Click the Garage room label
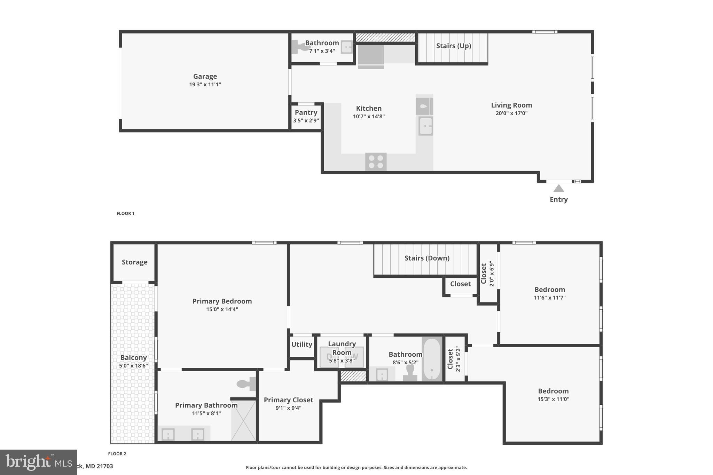click(205, 76)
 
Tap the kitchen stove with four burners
click(376, 162)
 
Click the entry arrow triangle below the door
click(558, 189)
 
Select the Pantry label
click(306, 112)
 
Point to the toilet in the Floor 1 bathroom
click(299, 47)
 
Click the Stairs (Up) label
click(453, 46)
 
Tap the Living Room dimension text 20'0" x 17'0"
click(511, 113)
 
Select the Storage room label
click(134, 262)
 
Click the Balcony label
click(133, 357)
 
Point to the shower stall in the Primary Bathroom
click(243, 420)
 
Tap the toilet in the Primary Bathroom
click(246, 384)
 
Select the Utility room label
click(301, 344)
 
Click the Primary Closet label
click(288, 400)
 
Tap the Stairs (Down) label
click(426, 258)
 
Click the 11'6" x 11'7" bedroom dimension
click(549, 298)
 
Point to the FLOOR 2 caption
click(117, 453)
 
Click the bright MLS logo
click(38, 462)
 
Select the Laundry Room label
click(342, 348)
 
